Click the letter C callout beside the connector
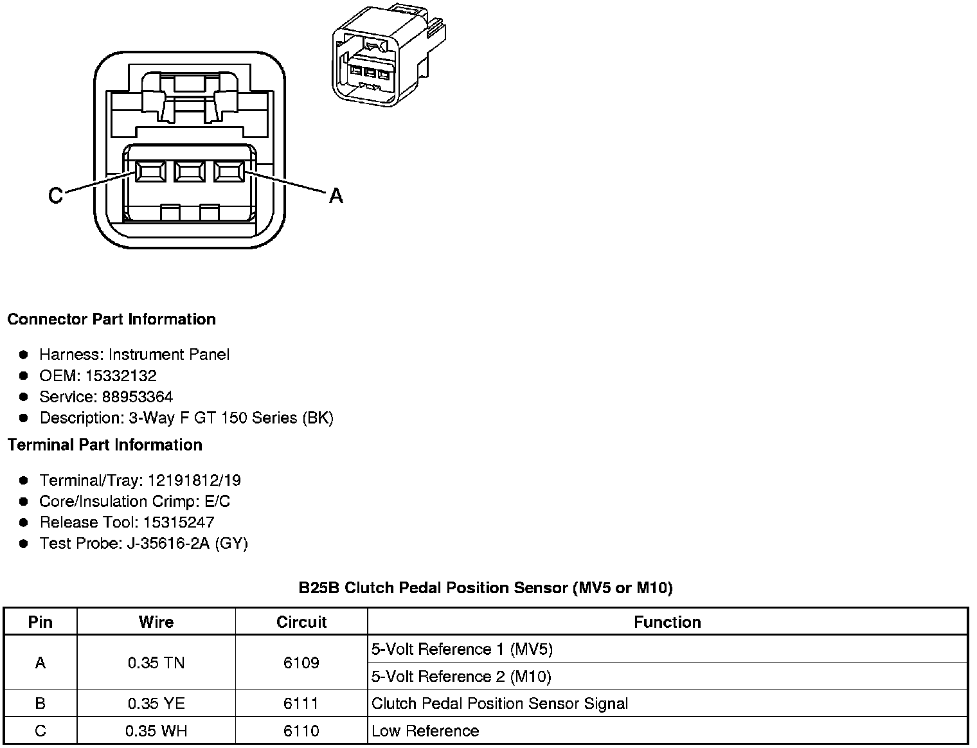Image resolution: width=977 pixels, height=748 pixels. coord(56,195)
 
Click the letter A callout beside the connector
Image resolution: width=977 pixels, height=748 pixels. coord(336,195)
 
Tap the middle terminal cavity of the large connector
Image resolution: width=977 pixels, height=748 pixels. coord(189,172)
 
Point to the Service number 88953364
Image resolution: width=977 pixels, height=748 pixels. coord(137,397)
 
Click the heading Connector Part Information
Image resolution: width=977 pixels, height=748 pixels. coord(111,319)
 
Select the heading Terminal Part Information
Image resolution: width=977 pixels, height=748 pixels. coord(105,445)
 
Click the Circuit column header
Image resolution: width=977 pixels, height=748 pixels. coord(301,622)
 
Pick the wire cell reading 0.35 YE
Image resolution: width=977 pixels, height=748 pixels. coord(156,704)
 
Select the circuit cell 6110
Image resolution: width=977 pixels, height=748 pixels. coord(301,731)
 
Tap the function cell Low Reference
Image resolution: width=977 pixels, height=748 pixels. coord(425,731)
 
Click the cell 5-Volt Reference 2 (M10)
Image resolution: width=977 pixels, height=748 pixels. coord(461,677)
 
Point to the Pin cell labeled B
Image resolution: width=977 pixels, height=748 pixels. coord(40,704)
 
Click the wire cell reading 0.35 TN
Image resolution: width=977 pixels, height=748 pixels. coord(156,663)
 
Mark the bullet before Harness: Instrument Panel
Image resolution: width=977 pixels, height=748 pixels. coord(24,355)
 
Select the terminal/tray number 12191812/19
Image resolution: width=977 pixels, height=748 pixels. coord(194,481)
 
